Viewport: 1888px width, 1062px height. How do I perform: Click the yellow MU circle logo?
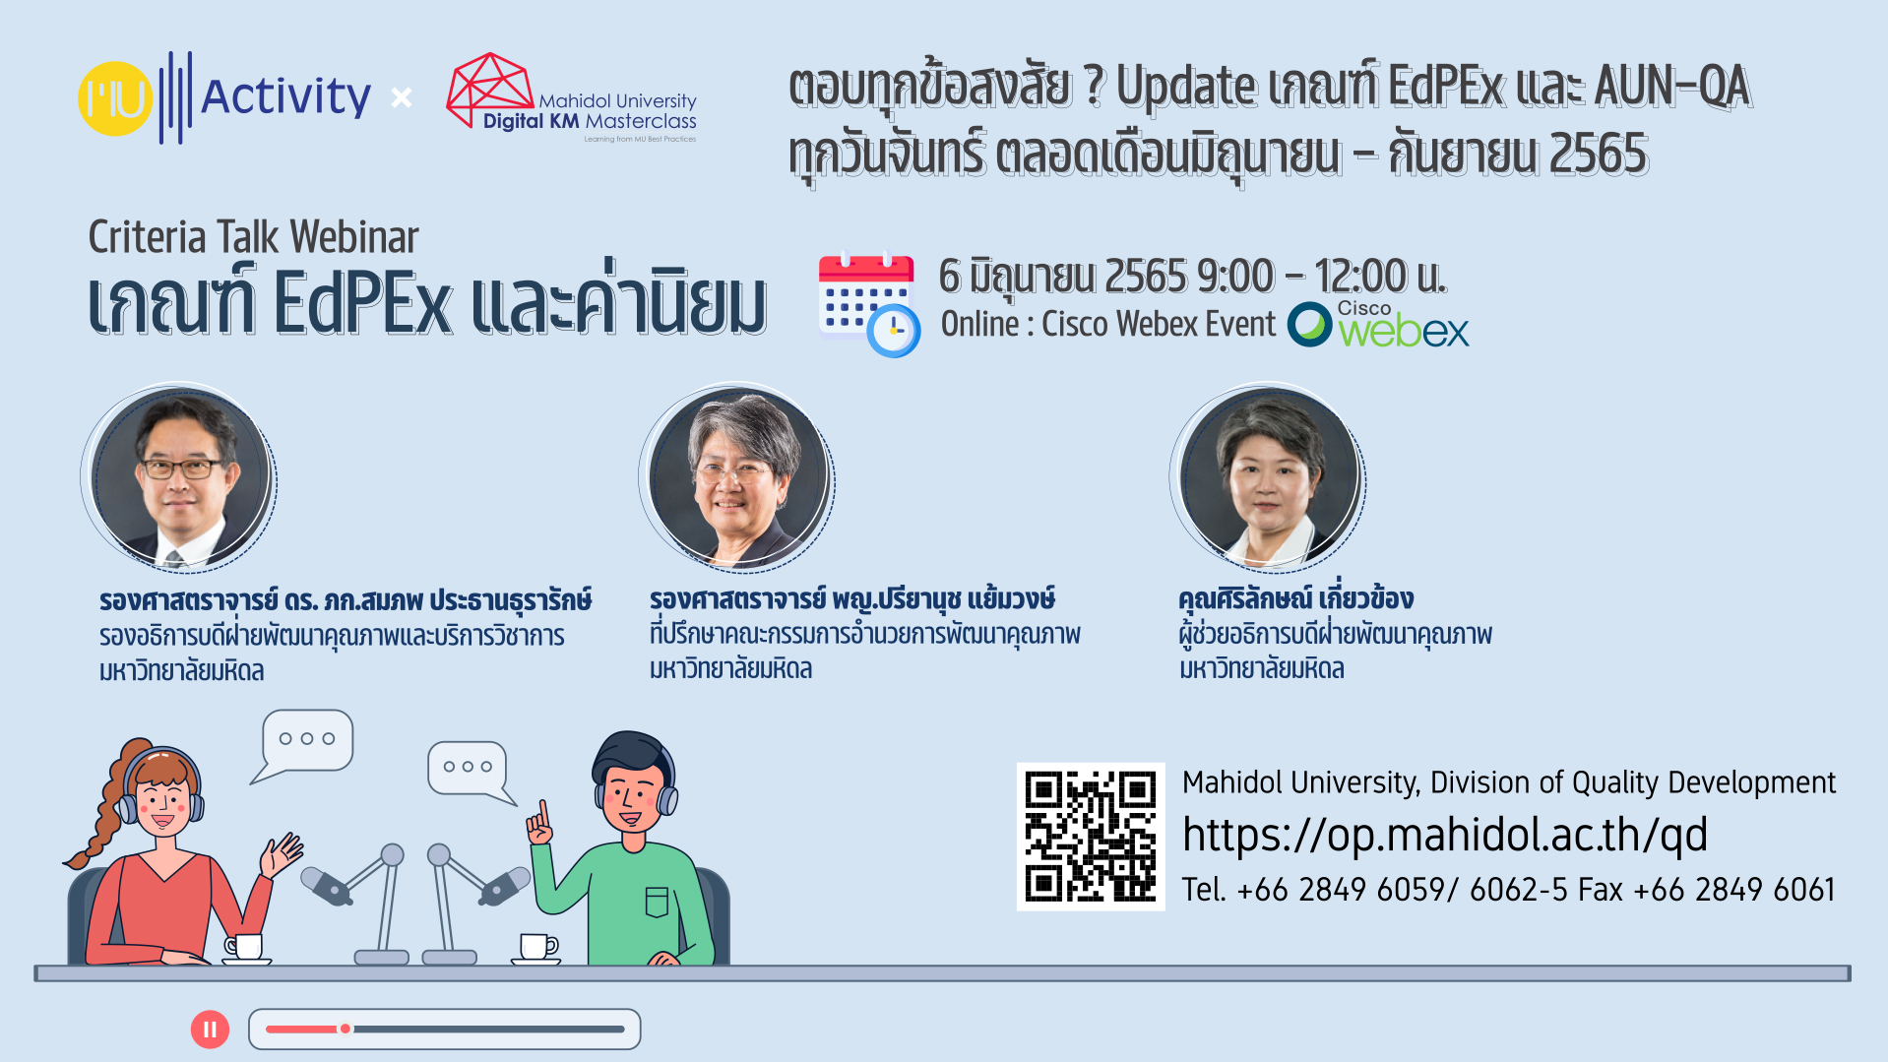[x=115, y=98]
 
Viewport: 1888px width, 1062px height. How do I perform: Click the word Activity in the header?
[x=285, y=97]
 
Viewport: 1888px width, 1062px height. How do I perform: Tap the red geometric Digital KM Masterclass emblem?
[x=489, y=89]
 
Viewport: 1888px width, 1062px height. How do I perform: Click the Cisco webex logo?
[x=1378, y=324]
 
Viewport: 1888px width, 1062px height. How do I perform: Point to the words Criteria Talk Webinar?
[x=253, y=237]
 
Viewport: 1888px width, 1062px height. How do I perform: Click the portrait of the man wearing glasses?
[x=180, y=477]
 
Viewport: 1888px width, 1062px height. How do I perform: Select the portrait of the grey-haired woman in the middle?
[x=738, y=478]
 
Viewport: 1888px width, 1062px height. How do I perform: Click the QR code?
[x=1091, y=837]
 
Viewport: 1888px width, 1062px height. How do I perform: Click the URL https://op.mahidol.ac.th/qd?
[x=1444, y=835]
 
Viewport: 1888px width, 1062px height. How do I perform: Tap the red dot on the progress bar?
[x=346, y=1029]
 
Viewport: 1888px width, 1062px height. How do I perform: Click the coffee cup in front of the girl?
[x=246, y=948]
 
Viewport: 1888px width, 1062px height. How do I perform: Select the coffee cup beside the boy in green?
[x=537, y=948]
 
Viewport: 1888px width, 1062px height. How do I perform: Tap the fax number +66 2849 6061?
[x=1733, y=890]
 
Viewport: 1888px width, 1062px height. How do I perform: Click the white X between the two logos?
[x=402, y=97]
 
